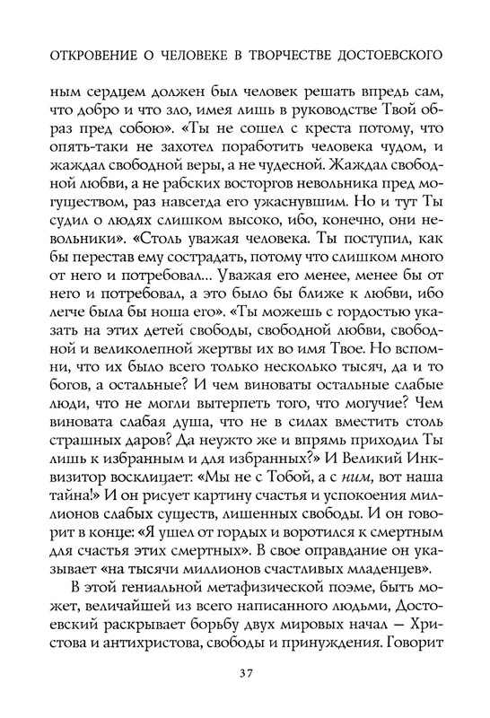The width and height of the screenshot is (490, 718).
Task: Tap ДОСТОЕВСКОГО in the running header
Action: click(398, 55)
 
